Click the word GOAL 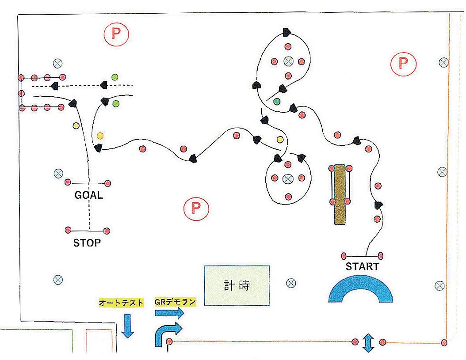[88, 195]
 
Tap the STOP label [87, 243]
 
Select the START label [362, 267]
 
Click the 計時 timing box [237, 285]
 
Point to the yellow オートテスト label [122, 303]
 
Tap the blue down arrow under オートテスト [127, 326]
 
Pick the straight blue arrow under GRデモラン [169, 313]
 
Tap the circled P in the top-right [403, 64]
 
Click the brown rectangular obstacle [340, 194]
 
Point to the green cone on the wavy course [277, 102]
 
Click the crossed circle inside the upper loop [288, 61]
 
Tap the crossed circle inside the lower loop [288, 178]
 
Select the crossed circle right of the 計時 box [290, 283]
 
